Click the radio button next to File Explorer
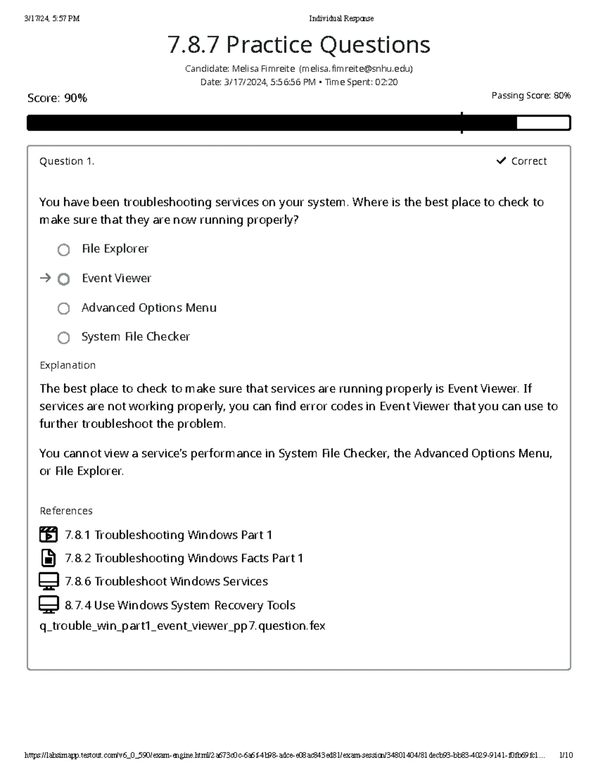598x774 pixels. [x=63, y=250]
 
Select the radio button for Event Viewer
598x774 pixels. [x=63, y=279]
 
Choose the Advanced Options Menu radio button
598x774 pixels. [x=63, y=309]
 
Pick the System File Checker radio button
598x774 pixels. [x=63, y=338]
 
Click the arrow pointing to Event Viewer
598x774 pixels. [x=45, y=278]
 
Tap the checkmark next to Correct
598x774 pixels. [x=501, y=160]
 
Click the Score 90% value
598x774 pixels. [x=75, y=98]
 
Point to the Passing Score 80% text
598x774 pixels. [x=531, y=95]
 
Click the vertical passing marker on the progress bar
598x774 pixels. [x=462, y=123]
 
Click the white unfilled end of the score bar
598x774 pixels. [x=543, y=123]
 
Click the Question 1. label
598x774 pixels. [x=67, y=161]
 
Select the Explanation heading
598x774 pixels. [x=67, y=365]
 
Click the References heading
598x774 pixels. [x=66, y=511]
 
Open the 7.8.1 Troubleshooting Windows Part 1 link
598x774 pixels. [x=168, y=535]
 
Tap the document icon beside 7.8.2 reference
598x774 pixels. [x=48, y=558]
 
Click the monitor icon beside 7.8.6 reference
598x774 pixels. [x=48, y=581]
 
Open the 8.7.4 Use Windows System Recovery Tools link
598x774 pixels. [x=180, y=605]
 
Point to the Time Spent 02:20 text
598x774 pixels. [x=361, y=82]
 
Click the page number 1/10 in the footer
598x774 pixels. [x=566, y=755]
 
